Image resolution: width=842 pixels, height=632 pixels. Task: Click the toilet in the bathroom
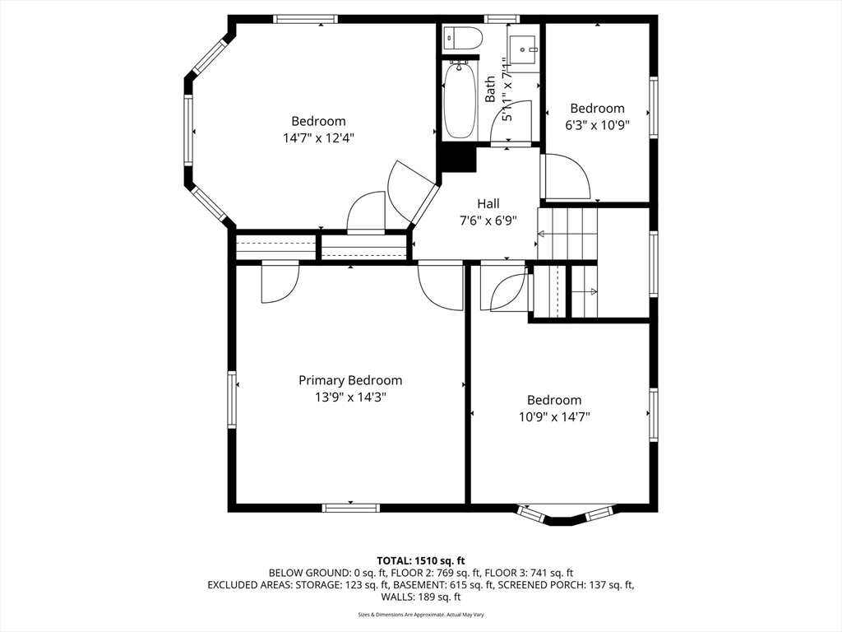click(x=463, y=38)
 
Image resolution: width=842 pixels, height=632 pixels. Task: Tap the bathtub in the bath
click(x=460, y=100)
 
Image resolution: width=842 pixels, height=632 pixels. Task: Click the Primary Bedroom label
click(x=350, y=380)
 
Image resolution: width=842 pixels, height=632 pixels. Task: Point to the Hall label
click(x=488, y=204)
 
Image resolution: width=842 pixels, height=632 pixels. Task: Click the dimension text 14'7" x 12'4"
click(x=318, y=138)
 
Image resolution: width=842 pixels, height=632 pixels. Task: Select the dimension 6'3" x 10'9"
click(x=597, y=125)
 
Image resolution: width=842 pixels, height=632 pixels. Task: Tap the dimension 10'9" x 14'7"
click(x=554, y=416)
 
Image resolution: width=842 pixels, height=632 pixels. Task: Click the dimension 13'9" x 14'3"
click(x=350, y=397)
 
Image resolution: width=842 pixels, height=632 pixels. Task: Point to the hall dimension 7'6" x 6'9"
click(x=488, y=221)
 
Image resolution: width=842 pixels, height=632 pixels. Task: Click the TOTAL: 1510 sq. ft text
click(x=420, y=561)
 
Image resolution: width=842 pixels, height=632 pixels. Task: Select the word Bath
click(x=490, y=89)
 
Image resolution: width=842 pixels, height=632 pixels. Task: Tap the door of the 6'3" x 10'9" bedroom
click(x=567, y=176)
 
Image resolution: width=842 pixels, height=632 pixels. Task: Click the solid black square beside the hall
click(x=458, y=159)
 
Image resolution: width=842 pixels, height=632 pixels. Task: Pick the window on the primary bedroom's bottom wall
click(x=350, y=507)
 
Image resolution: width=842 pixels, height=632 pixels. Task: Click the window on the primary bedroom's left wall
click(x=232, y=399)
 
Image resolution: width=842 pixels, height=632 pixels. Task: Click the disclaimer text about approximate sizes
click(x=420, y=614)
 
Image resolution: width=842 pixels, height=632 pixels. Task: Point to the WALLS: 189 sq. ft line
click(x=420, y=597)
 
